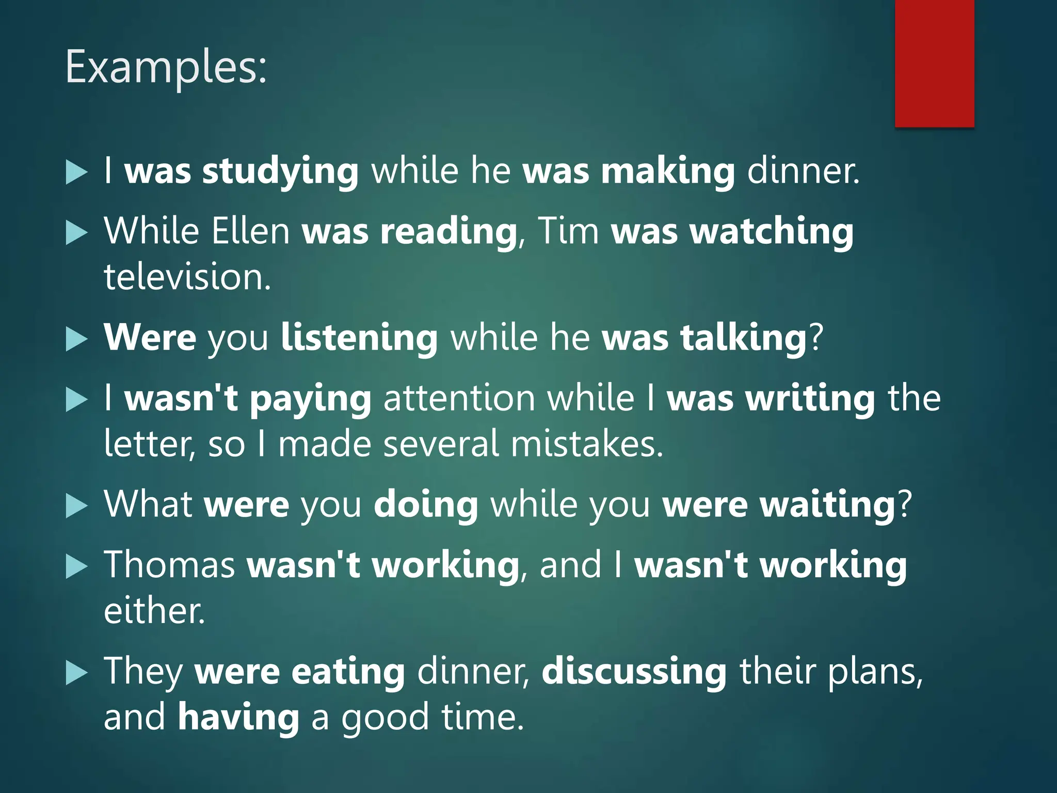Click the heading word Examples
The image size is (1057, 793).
coord(166,68)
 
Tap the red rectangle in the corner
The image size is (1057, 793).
coord(934,63)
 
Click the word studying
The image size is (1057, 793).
coord(280,171)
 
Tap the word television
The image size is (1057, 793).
coord(187,277)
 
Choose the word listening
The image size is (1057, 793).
coord(359,338)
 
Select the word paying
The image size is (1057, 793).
coord(311,399)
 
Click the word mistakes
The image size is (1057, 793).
coord(587,444)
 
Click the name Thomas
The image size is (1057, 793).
coord(170,564)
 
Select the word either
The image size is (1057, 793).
coord(154,611)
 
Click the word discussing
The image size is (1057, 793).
coord(634,672)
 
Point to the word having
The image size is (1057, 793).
coord(238,718)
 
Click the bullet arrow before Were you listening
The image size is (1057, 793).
coord(77,340)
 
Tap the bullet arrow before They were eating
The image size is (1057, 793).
coord(77,674)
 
